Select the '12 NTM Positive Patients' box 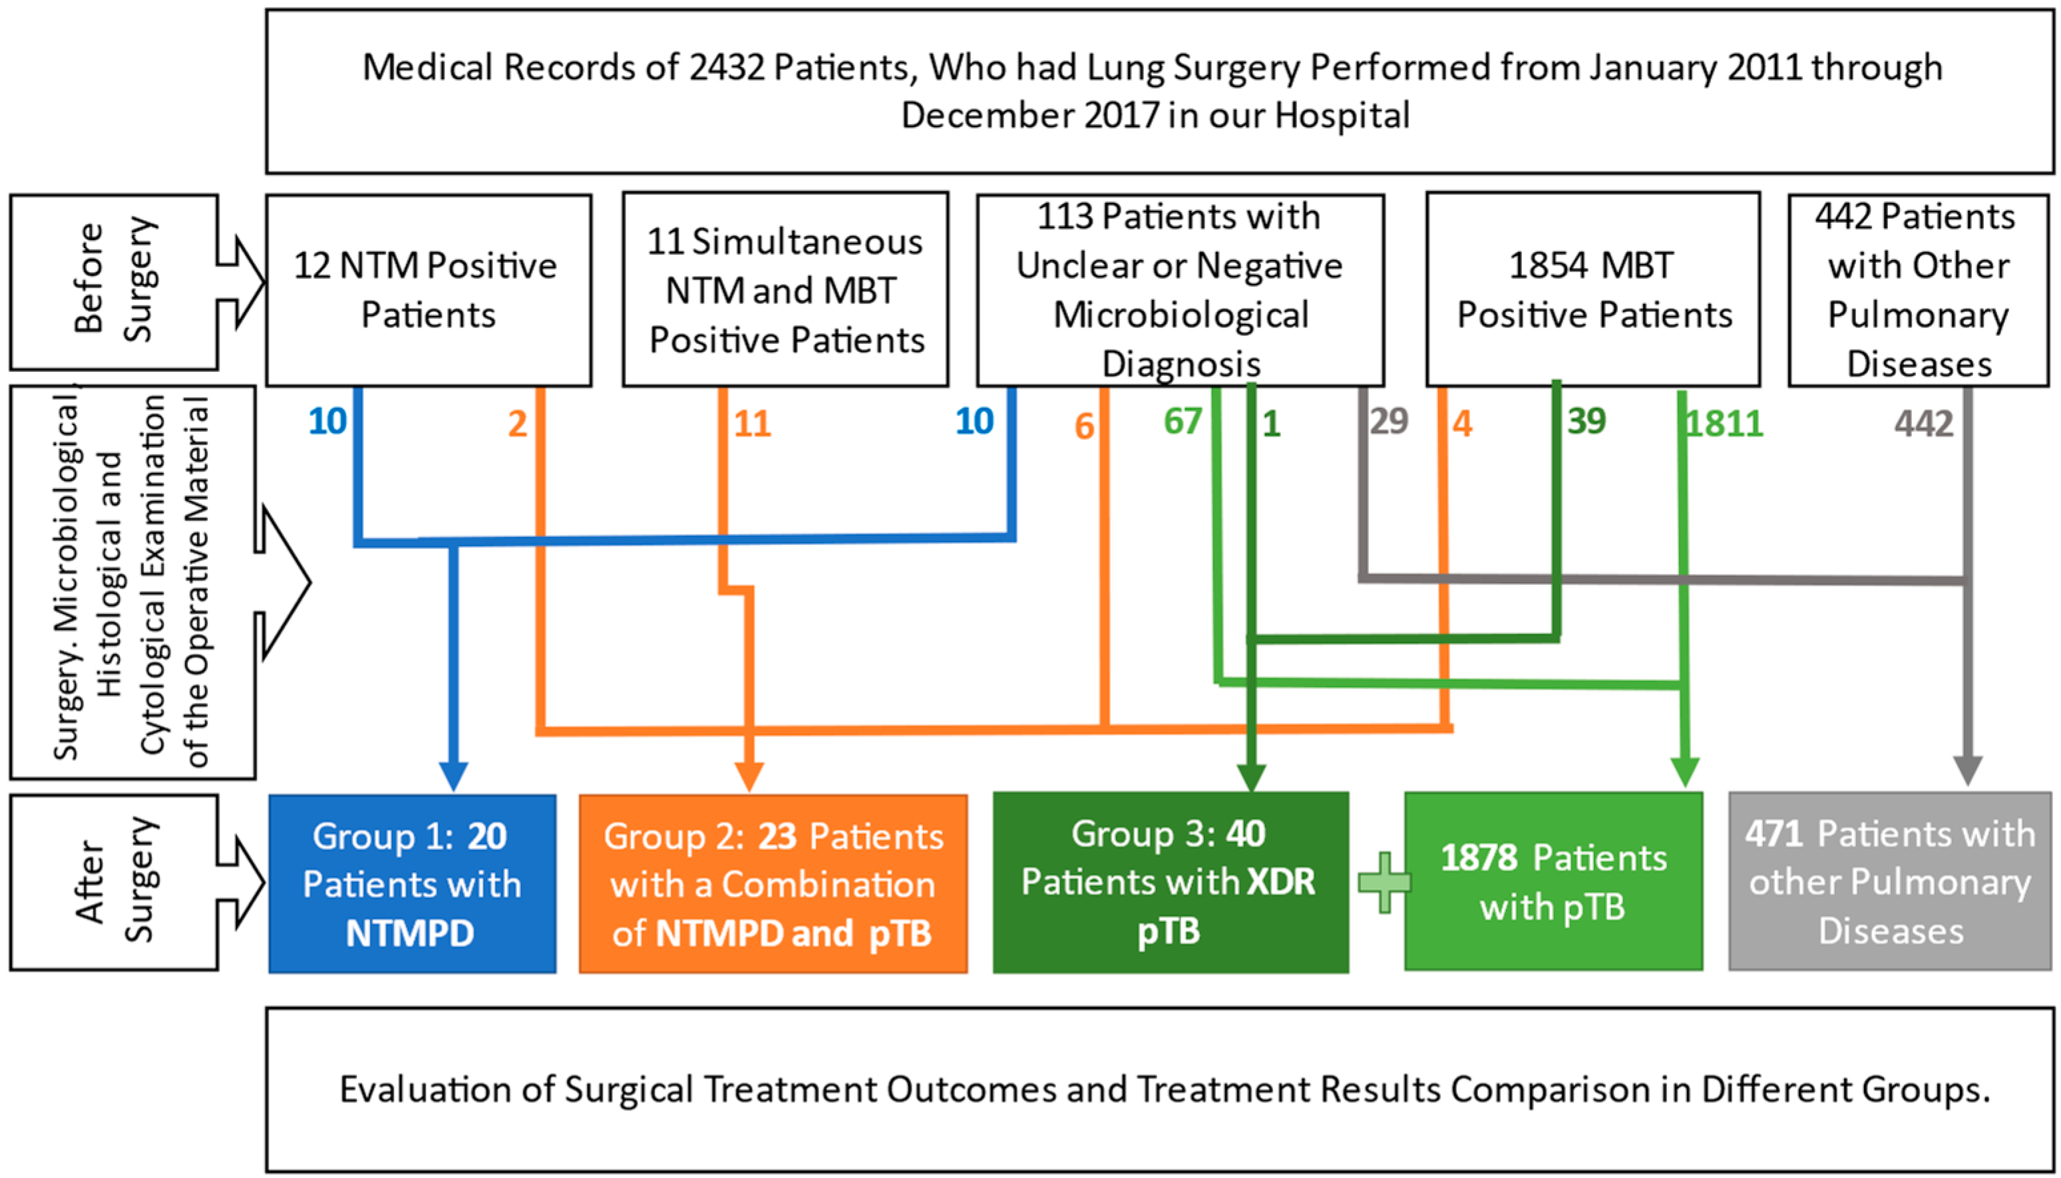[x=428, y=289]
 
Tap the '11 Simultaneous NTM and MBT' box [x=784, y=289]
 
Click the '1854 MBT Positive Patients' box [x=1592, y=289]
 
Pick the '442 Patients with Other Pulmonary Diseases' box [x=1917, y=289]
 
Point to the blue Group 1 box [x=412, y=883]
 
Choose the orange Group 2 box [x=773, y=883]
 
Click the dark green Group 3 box [x=1169, y=882]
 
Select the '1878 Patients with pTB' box [x=1553, y=882]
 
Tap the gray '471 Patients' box [x=1889, y=882]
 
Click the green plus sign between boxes [x=1384, y=882]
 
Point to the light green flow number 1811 [x=1723, y=424]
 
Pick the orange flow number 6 [x=1084, y=426]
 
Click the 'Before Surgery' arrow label [x=113, y=281]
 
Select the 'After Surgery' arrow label [x=113, y=881]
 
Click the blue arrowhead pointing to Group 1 [x=454, y=777]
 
